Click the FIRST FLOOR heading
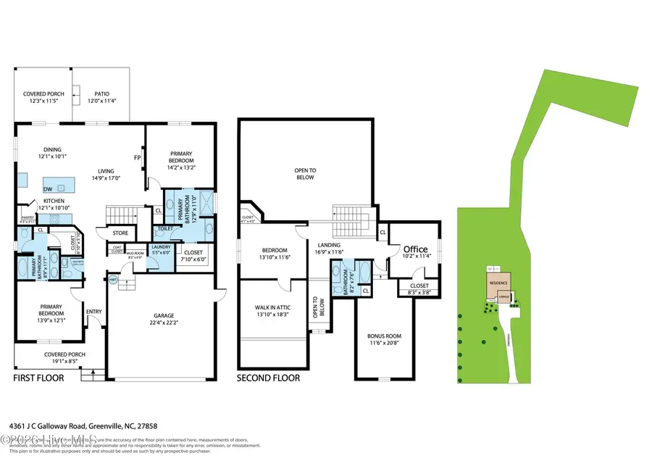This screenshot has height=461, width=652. tap(38, 378)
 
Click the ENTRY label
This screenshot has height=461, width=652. tap(93, 312)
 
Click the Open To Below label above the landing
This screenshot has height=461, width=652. tap(304, 174)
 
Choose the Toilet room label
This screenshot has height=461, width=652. tap(164, 228)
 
